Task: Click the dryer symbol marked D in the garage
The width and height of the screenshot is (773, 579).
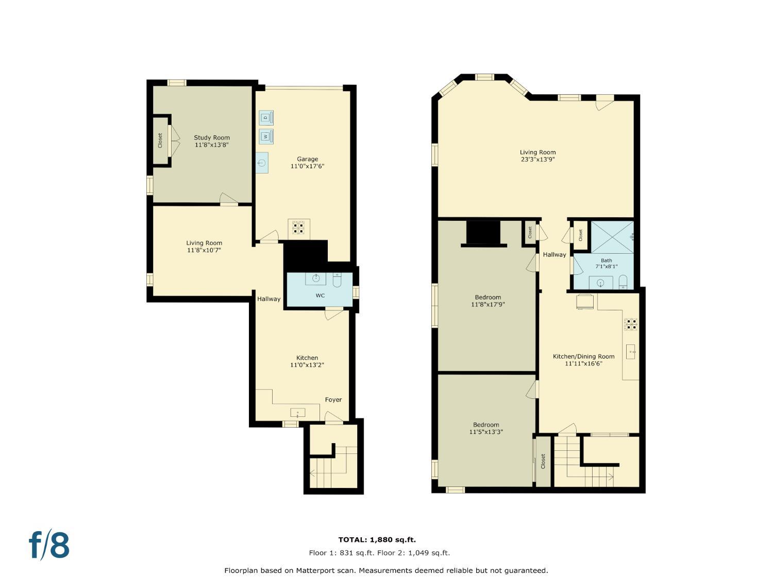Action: pyautogui.click(x=266, y=118)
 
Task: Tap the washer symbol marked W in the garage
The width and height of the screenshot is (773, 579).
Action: pyautogui.click(x=266, y=137)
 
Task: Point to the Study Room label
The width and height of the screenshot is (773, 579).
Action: pyautogui.click(x=212, y=137)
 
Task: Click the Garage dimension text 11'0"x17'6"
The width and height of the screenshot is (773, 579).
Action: pyautogui.click(x=307, y=166)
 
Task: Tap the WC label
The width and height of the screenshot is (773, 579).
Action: pyautogui.click(x=320, y=295)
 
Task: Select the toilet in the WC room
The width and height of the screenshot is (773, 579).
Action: pyautogui.click(x=337, y=280)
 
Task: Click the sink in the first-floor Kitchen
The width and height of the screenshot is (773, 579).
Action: pyautogui.click(x=297, y=412)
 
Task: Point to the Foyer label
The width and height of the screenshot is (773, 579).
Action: pyautogui.click(x=333, y=399)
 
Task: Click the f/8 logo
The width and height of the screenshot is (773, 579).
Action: pyautogui.click(x=49, y=545)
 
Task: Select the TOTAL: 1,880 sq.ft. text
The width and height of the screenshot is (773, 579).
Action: pyautogui.click(x=377, y=540)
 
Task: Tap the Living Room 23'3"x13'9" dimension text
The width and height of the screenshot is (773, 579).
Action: pyautogui.click(x=537, y=160)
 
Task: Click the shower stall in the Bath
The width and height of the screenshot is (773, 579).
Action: pyautogui.click(x=612, y=237)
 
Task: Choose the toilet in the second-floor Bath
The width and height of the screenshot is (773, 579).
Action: pyautogui.click(x=623, y=282)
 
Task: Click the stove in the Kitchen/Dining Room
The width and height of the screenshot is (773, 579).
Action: pyautogui.click(x=631, y=324)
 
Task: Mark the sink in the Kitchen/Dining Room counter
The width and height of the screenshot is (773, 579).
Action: pyautogui.click(x=631, y=352)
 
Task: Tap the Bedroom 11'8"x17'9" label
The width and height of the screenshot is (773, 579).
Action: pyautogui.click(x=488, y=297)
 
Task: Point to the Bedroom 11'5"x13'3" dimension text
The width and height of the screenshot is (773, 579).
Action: pyautogui.click(x=486, y=432)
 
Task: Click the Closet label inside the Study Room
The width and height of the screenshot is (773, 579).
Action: pyautogui.click(x=160, y=141)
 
